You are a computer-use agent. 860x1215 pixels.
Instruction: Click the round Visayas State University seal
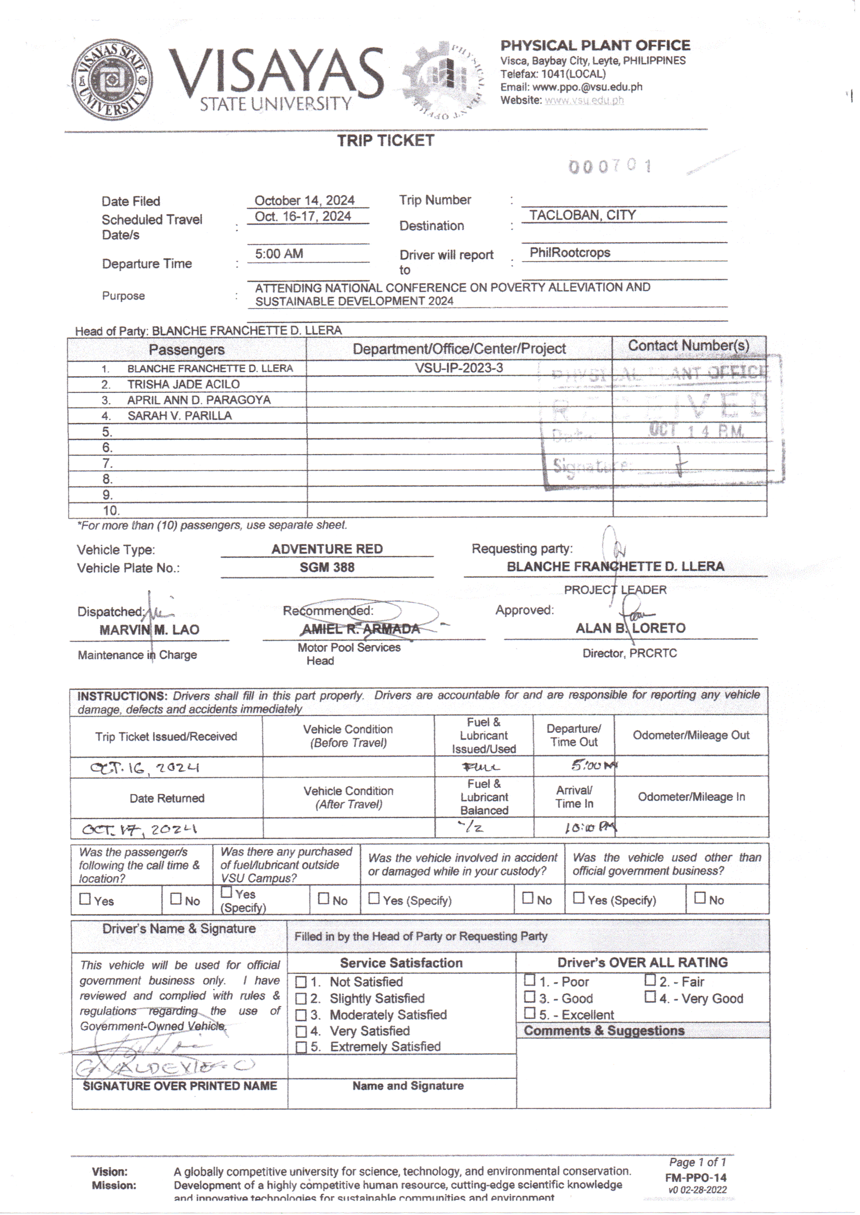pos(112,80)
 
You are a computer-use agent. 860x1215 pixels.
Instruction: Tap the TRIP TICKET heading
pos(385,141)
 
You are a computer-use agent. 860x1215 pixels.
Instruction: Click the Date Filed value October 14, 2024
pos(304,201)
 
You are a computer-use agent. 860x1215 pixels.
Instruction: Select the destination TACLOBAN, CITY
pos(582,215)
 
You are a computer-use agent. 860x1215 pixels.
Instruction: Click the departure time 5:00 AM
pos(279,254)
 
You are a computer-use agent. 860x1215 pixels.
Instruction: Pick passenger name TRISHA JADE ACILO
pos(183,384)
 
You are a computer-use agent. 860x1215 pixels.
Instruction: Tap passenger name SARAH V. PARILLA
pos(179,416)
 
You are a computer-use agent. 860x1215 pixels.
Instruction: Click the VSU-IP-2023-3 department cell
pos(459,368)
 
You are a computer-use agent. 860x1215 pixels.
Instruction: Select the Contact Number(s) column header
pos(688,346)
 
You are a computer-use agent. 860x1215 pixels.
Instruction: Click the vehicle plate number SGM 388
pos(327,568)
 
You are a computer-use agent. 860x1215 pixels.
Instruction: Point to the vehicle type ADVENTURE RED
pos(327,549)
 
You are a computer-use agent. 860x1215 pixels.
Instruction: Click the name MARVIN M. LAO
pos(149,630)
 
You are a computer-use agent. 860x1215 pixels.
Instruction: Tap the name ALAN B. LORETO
pos(630,628)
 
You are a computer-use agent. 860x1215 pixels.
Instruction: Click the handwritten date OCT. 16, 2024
pos(145,768)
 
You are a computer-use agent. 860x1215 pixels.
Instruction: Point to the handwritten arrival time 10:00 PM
pos(589,827)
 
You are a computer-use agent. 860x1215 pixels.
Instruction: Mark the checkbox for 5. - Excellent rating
pos(529,1013)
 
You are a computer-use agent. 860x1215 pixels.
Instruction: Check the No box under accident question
pos(527,898)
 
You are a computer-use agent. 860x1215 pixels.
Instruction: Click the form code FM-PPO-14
pos(695,1178)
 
